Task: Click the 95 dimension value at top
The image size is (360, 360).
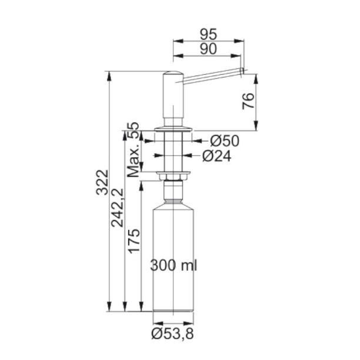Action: [x=208, y=34]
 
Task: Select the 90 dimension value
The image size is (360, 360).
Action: [x=208, y=49]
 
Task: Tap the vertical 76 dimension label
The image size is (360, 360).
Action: [x=248, y=101]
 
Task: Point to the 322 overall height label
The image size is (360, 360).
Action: [x=102, y=182]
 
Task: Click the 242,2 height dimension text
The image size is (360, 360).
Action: [x=117, y=208]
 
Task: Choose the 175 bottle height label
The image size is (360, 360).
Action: [x=134, y=241]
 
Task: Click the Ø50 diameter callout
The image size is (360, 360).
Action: [x=225, y=141]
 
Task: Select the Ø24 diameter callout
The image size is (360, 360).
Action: [x=217, y=156]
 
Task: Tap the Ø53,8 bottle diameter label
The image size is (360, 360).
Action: [x=173, y=334]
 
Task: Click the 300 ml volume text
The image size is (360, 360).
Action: [x=174, y=265]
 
